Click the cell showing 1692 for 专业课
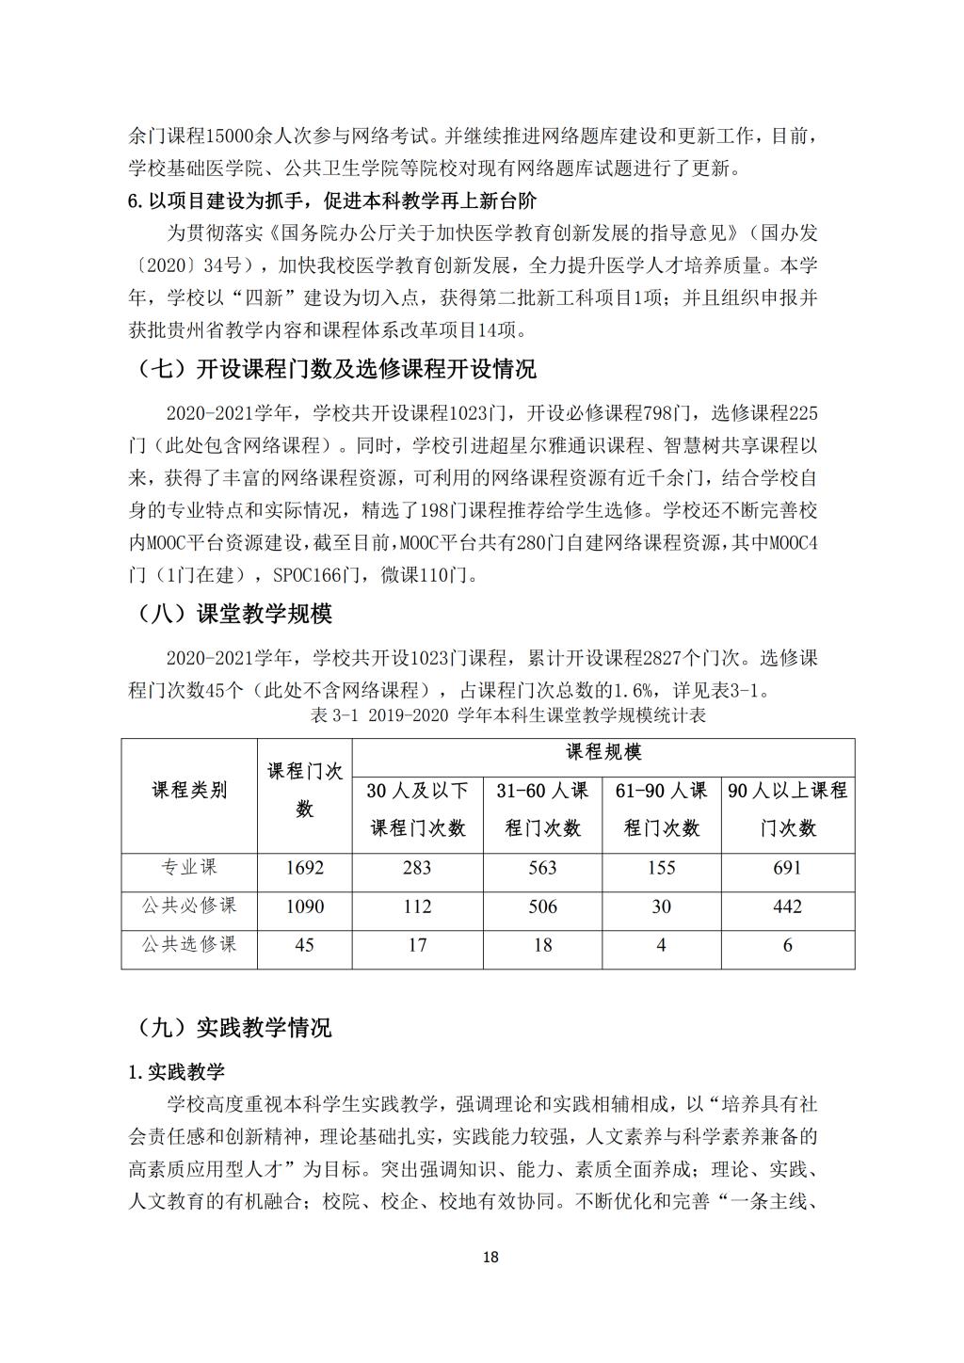[304, 868]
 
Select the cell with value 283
[417, 868]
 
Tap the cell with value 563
[542, 868]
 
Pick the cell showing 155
[661, 868]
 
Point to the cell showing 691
[787, 868]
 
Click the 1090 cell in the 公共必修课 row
[304, 906]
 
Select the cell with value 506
[542, 906]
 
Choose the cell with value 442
[787, 906]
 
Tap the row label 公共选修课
[189, 944]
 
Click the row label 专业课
[189, 868]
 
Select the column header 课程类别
[189, 791]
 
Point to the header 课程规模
[602, 752]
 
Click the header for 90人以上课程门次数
[787, 809]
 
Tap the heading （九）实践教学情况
[230, 1027]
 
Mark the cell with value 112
[417, 906]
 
